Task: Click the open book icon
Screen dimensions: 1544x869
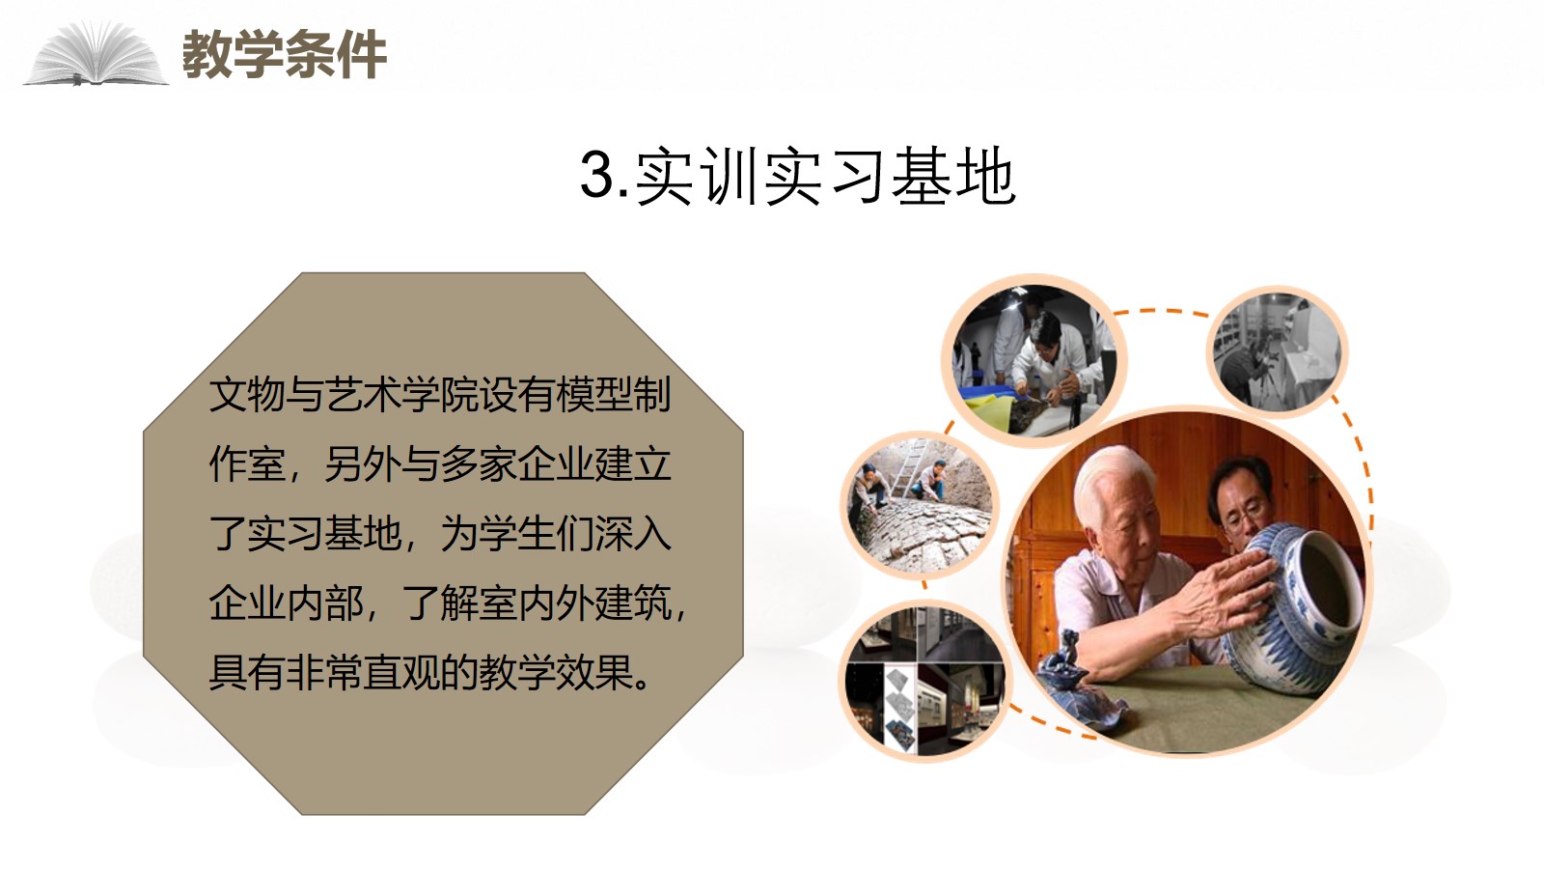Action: click(96, 54)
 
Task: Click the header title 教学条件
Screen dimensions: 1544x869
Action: click(284, 54)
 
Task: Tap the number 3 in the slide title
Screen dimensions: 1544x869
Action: click(597, 175)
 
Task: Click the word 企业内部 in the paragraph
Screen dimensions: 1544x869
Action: click(286, 603)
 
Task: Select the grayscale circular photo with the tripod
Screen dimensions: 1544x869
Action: click(1278, 352)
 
